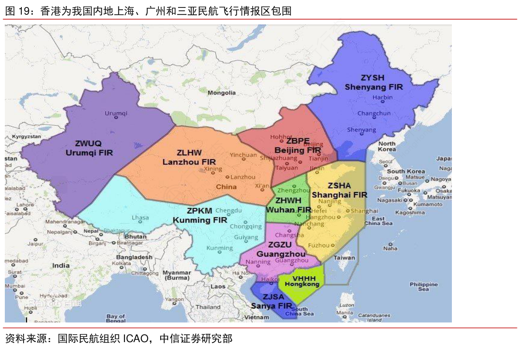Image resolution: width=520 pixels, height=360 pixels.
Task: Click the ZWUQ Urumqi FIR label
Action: [x=89, y=148]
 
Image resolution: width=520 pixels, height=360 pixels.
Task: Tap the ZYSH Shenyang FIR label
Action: [x=373, y=82]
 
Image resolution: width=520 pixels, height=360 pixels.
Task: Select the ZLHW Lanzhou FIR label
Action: [x=189, y=157]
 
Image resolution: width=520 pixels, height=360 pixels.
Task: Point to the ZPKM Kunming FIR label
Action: [x=200, y=215]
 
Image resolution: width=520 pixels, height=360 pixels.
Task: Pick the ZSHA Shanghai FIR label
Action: [x=339, y=190]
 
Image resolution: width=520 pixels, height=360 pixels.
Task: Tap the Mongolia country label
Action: [x=221, y=93]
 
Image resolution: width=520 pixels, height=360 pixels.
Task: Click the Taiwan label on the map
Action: [x=344, y=257]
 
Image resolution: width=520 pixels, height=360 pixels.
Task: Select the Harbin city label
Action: [x=382, y=97]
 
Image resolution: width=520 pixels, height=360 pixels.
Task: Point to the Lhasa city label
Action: [x=140, y=218]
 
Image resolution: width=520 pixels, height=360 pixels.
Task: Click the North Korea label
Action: [x=387, y=147]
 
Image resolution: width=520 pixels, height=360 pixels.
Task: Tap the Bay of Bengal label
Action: [x=116, y=318]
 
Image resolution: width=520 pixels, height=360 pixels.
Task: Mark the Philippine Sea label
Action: [x=423, y=286]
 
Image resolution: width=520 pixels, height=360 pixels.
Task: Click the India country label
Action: [x=61, y=265]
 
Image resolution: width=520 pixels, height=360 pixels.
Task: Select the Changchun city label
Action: [x=374, y=113]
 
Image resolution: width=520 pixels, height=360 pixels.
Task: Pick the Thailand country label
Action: [x=208, y=307]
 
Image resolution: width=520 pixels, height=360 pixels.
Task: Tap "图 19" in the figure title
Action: [x=16, y=11]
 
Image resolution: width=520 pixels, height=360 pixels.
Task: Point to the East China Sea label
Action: [x=378, y=221]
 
